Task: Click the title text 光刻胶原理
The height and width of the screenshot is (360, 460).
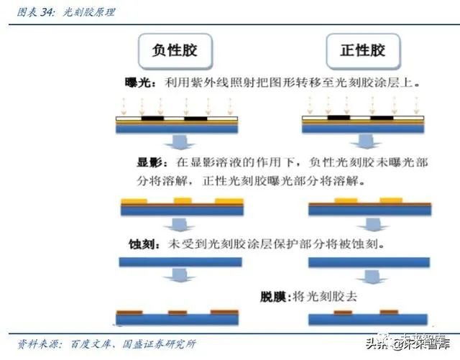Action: pyautogui.click(x=90, y=12)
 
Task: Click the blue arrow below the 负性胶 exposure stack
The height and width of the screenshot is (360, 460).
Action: pyautogui.click(x=179, y=143)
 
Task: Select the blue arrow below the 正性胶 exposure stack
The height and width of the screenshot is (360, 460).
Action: pyautogui.click(x=366, y=143)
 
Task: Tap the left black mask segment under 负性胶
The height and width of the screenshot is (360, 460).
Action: pyautogui.click(x=152, y=118)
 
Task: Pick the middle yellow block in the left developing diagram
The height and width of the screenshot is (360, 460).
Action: pyautogui.click(x=183, y=200)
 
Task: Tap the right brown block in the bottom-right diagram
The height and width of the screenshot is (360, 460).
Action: pyautogui.click(x=389, y=312)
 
